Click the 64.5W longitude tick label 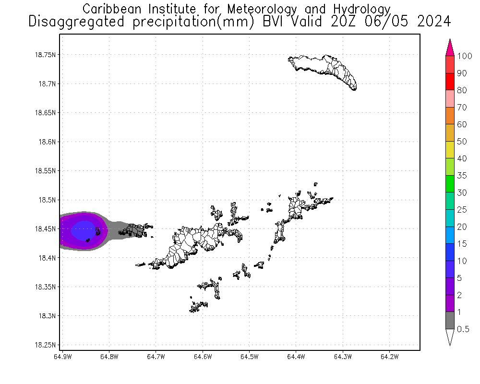[249, 357]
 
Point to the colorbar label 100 [465, 56]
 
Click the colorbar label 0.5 [463, 329]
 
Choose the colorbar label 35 [462, 176]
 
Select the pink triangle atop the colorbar [450, 48]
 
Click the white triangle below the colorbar [450, 336]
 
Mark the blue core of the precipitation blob [83, 230]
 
